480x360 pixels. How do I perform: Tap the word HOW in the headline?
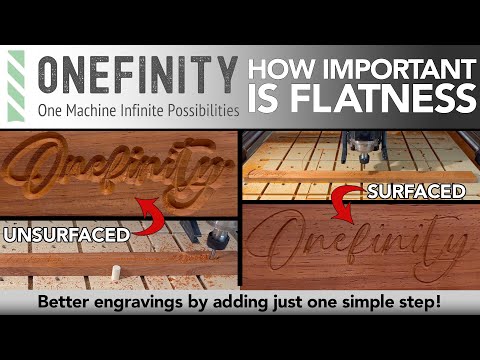(x=278, y=70)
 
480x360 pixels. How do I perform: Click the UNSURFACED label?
(x=68, y=235)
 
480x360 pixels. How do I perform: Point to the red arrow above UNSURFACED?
(x=150, y=212)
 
